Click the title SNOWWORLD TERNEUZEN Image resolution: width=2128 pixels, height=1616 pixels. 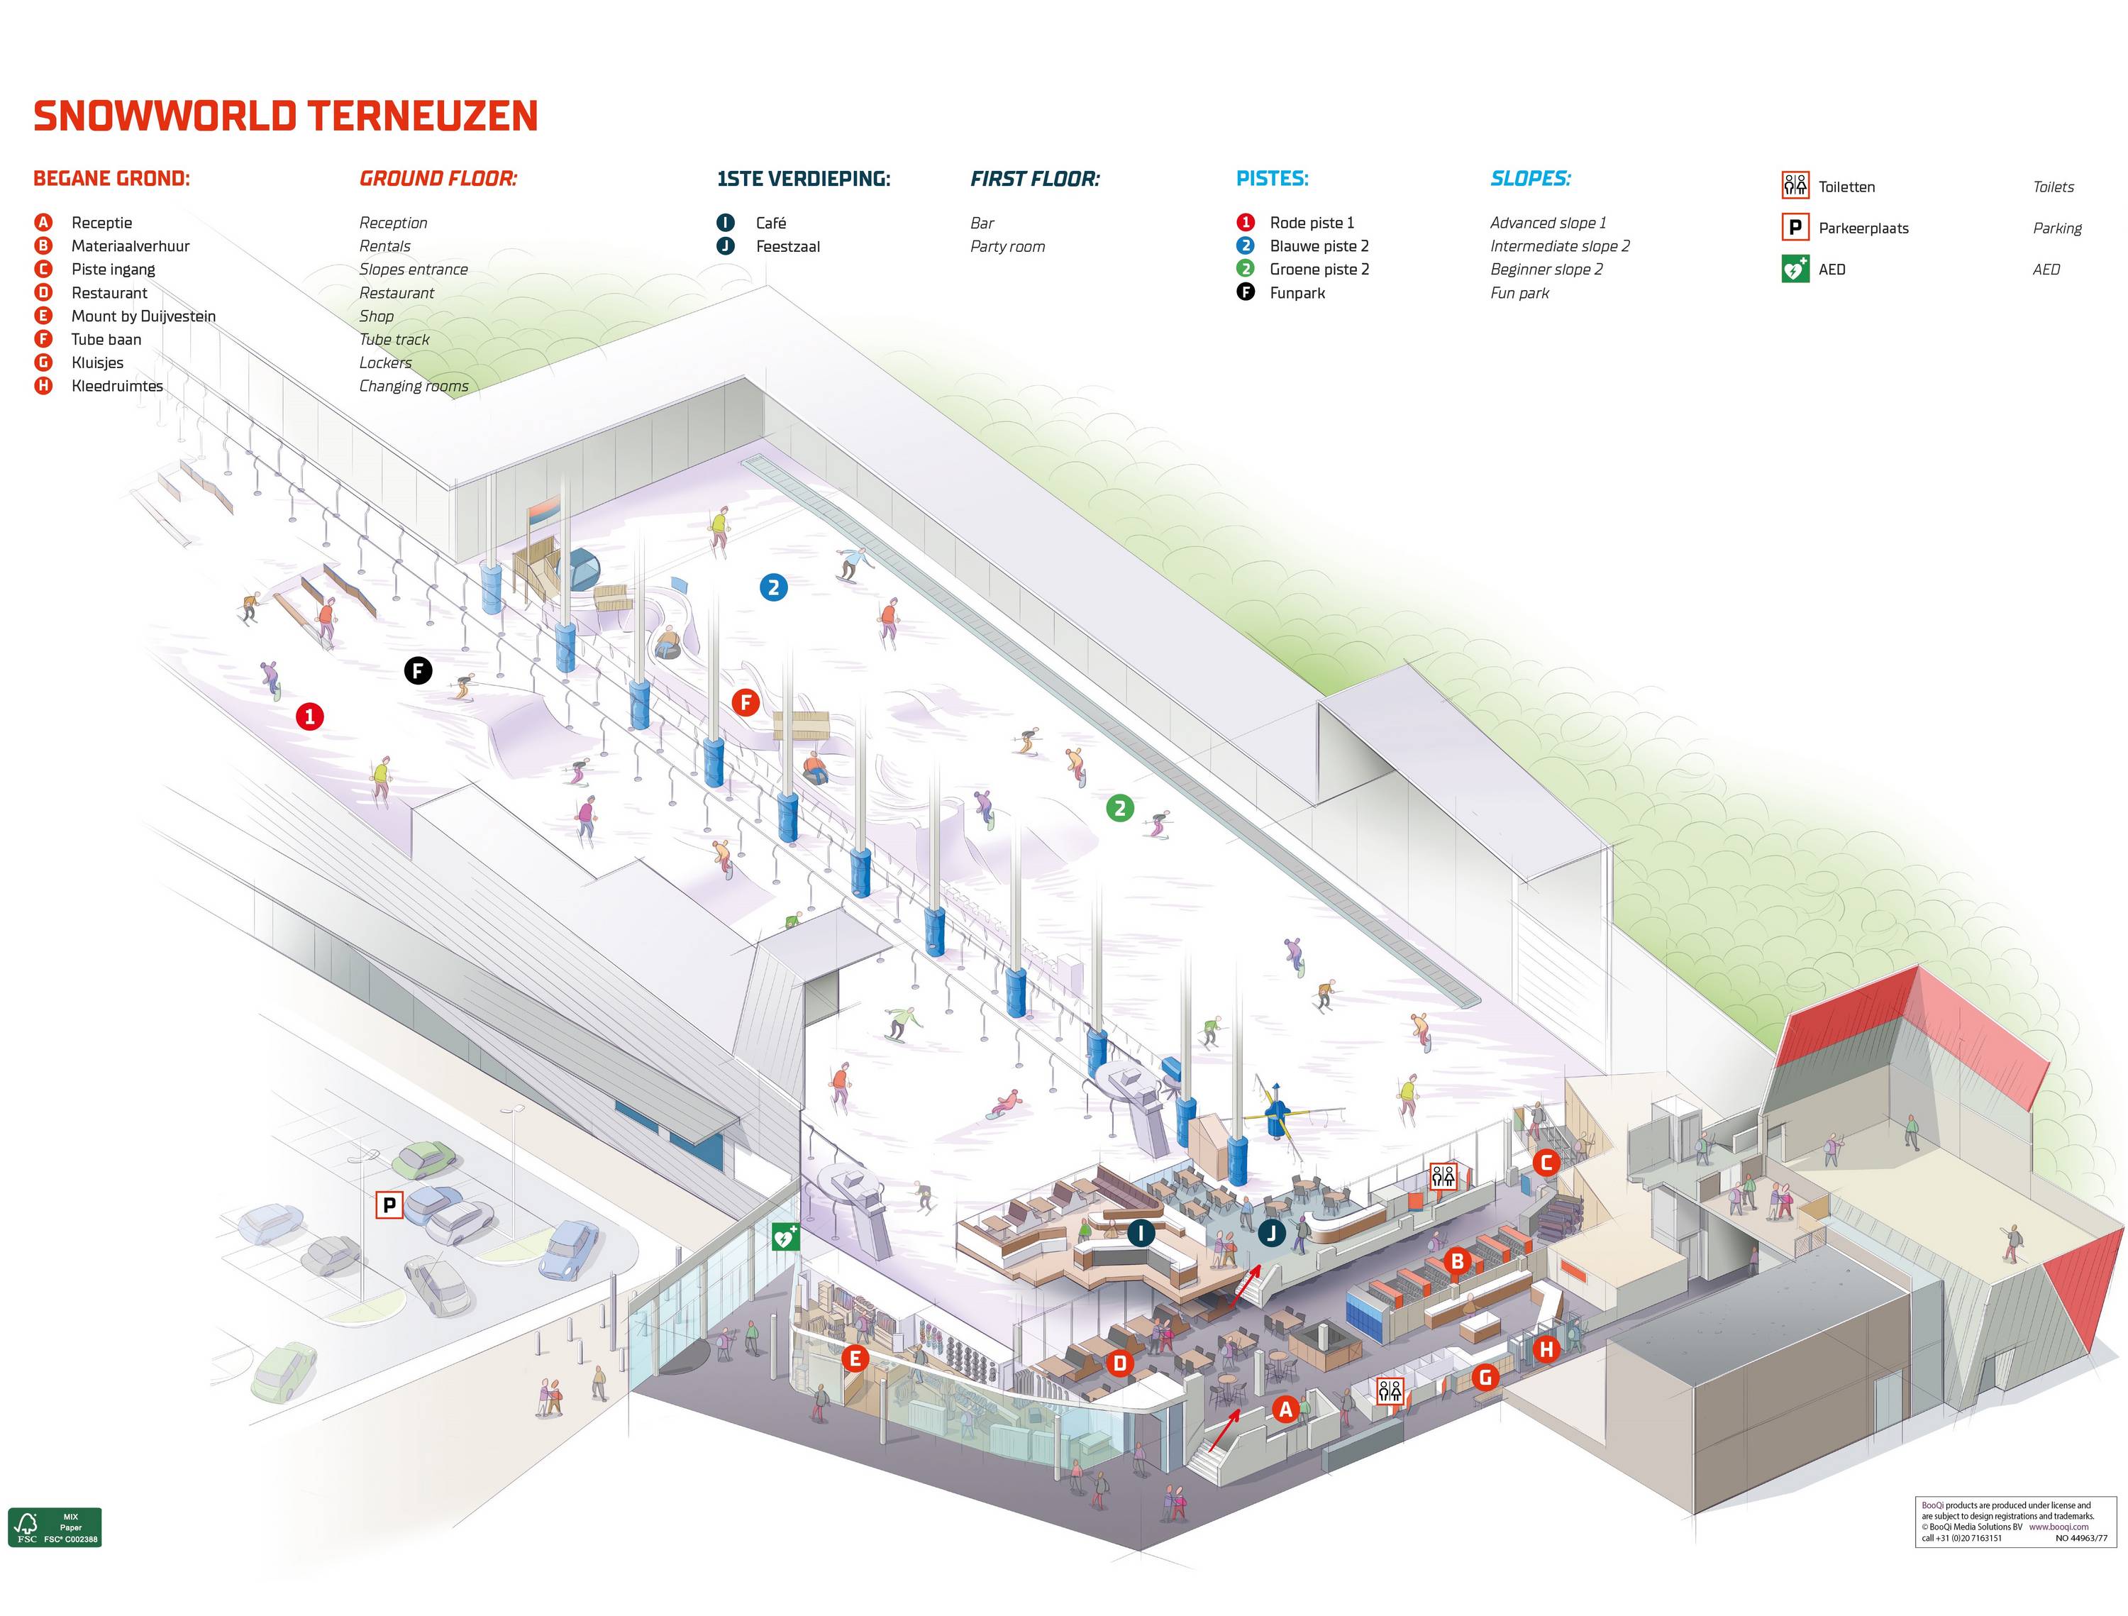(286, 116)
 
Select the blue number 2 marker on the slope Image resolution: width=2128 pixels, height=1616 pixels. (773, 587)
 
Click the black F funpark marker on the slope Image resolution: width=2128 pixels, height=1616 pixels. (418, 670)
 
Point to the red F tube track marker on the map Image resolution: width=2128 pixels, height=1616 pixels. (746, 702)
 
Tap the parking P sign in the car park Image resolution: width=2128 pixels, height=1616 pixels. (389, 1205)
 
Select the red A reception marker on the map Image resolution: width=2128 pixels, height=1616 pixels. (1286, 1409)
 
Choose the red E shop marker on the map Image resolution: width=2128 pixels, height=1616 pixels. (854, 1358)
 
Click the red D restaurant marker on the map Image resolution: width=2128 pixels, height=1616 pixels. (1120, 1362)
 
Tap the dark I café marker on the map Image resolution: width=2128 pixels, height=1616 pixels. (1141, 1232)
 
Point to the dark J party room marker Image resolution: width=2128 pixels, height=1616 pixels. (1272, 1232)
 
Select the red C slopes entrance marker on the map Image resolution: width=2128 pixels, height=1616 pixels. (1546, 1162)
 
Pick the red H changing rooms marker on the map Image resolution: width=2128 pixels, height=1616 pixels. (1546, 1349)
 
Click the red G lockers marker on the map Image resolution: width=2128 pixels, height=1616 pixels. (1485, 1378)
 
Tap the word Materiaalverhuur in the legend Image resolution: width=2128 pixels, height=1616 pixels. (130, 246)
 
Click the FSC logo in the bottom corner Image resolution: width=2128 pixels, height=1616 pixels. (55, 1527)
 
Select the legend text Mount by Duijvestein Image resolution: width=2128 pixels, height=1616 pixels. (143, 316)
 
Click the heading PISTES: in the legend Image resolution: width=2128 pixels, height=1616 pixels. (1272, 179)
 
